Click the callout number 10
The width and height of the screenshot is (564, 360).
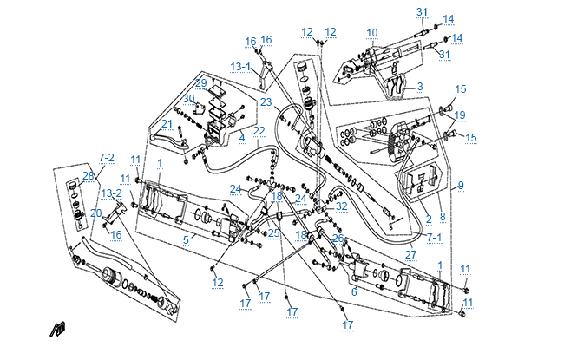(x=371, y=33)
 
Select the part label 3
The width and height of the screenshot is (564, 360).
(x=419, y=87)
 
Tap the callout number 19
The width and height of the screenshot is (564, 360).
(x=460, y=115)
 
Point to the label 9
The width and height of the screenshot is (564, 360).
(x=461, y=185)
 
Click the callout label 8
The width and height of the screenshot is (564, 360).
(x=441, y=217)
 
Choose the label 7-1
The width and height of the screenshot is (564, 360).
(x=435, y=236)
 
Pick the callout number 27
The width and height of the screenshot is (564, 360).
(x=410, y=254)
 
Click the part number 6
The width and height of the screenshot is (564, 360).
(x=354, y=292)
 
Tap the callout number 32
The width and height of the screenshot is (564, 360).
(x=342, y=206)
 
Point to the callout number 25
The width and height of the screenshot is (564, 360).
(x=274, y=233)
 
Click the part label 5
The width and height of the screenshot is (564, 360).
(x=185, y=239)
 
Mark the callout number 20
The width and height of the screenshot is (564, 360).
(x=96, y=213)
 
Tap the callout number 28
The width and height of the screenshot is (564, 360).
(x=88, y=176)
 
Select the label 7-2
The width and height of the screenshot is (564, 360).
(x=106, y=157)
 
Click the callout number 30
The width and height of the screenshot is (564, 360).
(x=188, y=98)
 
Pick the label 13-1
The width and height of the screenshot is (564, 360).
(x=240, y=66)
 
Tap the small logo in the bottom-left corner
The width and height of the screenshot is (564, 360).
(x=59, y=329)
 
